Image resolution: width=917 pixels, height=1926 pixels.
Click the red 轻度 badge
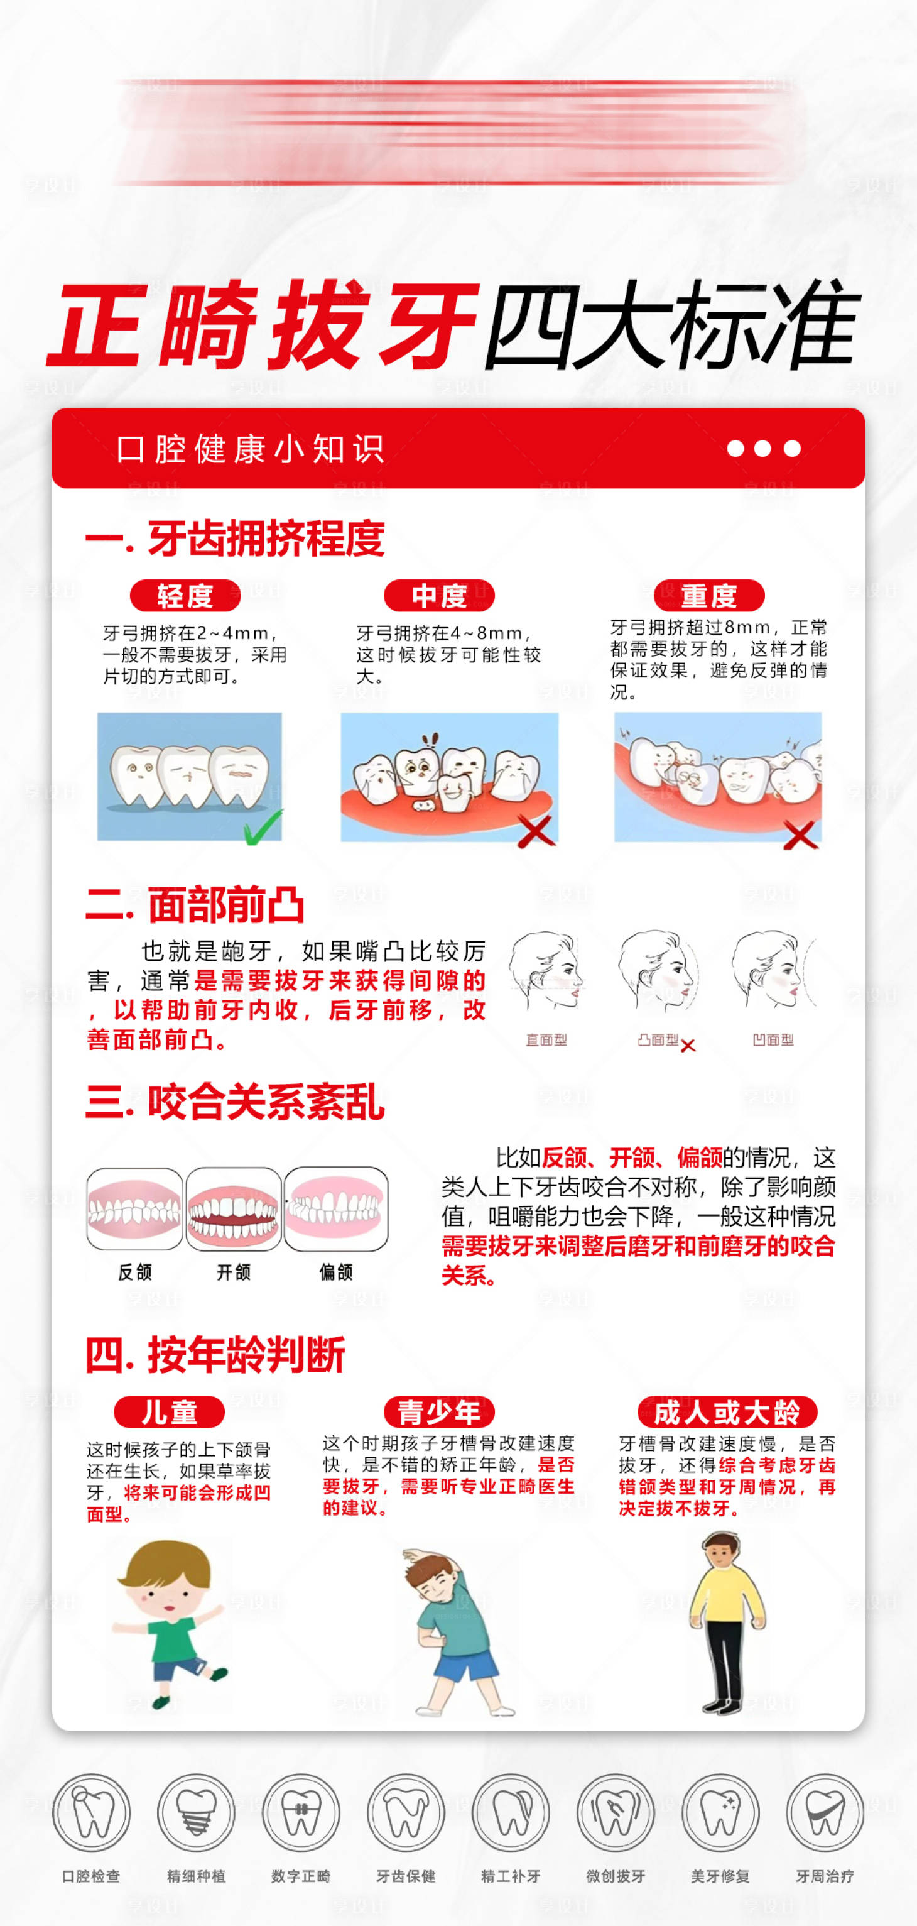(185, 595)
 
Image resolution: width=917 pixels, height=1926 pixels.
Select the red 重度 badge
(708, 595)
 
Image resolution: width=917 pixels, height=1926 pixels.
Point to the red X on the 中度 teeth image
(536, 830)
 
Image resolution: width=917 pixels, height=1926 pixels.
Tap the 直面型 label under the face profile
(546, 1040)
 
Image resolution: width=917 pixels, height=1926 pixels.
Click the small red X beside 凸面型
(688, 1045)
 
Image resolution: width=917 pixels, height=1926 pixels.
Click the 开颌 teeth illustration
(234, 1209)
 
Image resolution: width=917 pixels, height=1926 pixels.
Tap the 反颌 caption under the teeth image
(135, 1272)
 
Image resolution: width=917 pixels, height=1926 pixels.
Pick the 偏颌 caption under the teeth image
(335, 1272)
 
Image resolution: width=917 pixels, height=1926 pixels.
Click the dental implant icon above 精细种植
(196, 1813)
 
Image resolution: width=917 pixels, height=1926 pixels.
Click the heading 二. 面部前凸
(196, 905)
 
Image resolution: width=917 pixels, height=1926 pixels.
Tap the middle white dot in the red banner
(762, 449)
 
